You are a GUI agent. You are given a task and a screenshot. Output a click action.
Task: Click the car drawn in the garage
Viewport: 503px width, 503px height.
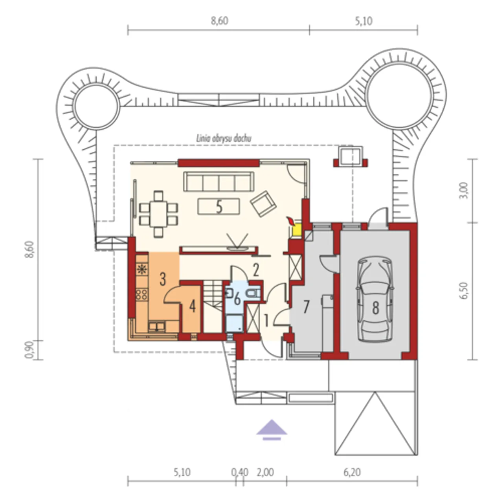coord(375,299)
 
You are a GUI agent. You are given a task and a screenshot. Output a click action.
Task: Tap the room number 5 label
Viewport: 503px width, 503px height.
coord(219,208)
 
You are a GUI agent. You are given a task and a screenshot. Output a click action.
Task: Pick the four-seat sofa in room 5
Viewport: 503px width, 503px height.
coord(219,182)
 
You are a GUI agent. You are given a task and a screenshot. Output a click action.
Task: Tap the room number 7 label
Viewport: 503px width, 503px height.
coord(306,307)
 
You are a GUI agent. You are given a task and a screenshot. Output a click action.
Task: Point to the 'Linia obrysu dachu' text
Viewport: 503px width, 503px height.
coord(224,139)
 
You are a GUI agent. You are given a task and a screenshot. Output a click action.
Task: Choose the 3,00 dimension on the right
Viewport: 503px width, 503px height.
coord(464,191)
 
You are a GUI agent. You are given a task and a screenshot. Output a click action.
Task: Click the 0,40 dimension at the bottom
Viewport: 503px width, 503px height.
coord(240,472)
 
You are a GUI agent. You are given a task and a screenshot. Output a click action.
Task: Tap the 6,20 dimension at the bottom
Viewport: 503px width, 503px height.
coord(352,472)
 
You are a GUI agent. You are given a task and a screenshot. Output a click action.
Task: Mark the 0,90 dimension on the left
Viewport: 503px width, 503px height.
coord(29,350)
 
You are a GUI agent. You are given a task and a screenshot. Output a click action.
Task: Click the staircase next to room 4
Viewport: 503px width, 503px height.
coord(213,307)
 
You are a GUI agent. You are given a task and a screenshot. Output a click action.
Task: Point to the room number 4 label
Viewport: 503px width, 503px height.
coord(193,307)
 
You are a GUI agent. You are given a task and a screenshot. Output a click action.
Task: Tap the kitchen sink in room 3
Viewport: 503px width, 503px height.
coord(157,327)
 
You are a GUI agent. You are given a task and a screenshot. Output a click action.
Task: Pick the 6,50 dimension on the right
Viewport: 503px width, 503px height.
coord(464,291)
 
